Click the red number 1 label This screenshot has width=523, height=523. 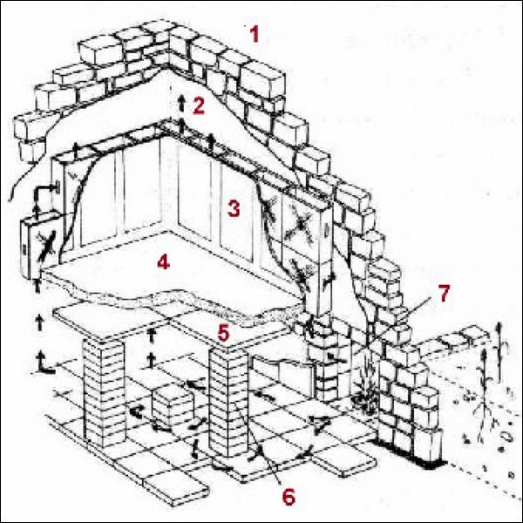pos(254,36)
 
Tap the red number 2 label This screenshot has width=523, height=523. pos(199,106)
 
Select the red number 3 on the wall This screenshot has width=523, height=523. pos(233,208)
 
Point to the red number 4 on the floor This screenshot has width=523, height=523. pos(161,261)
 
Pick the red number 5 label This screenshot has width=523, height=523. pos(223,332)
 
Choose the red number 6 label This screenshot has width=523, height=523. pos(288,496)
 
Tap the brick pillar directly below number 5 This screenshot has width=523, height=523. pos(230,401)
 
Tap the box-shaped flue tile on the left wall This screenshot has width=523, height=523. pos(38,248)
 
